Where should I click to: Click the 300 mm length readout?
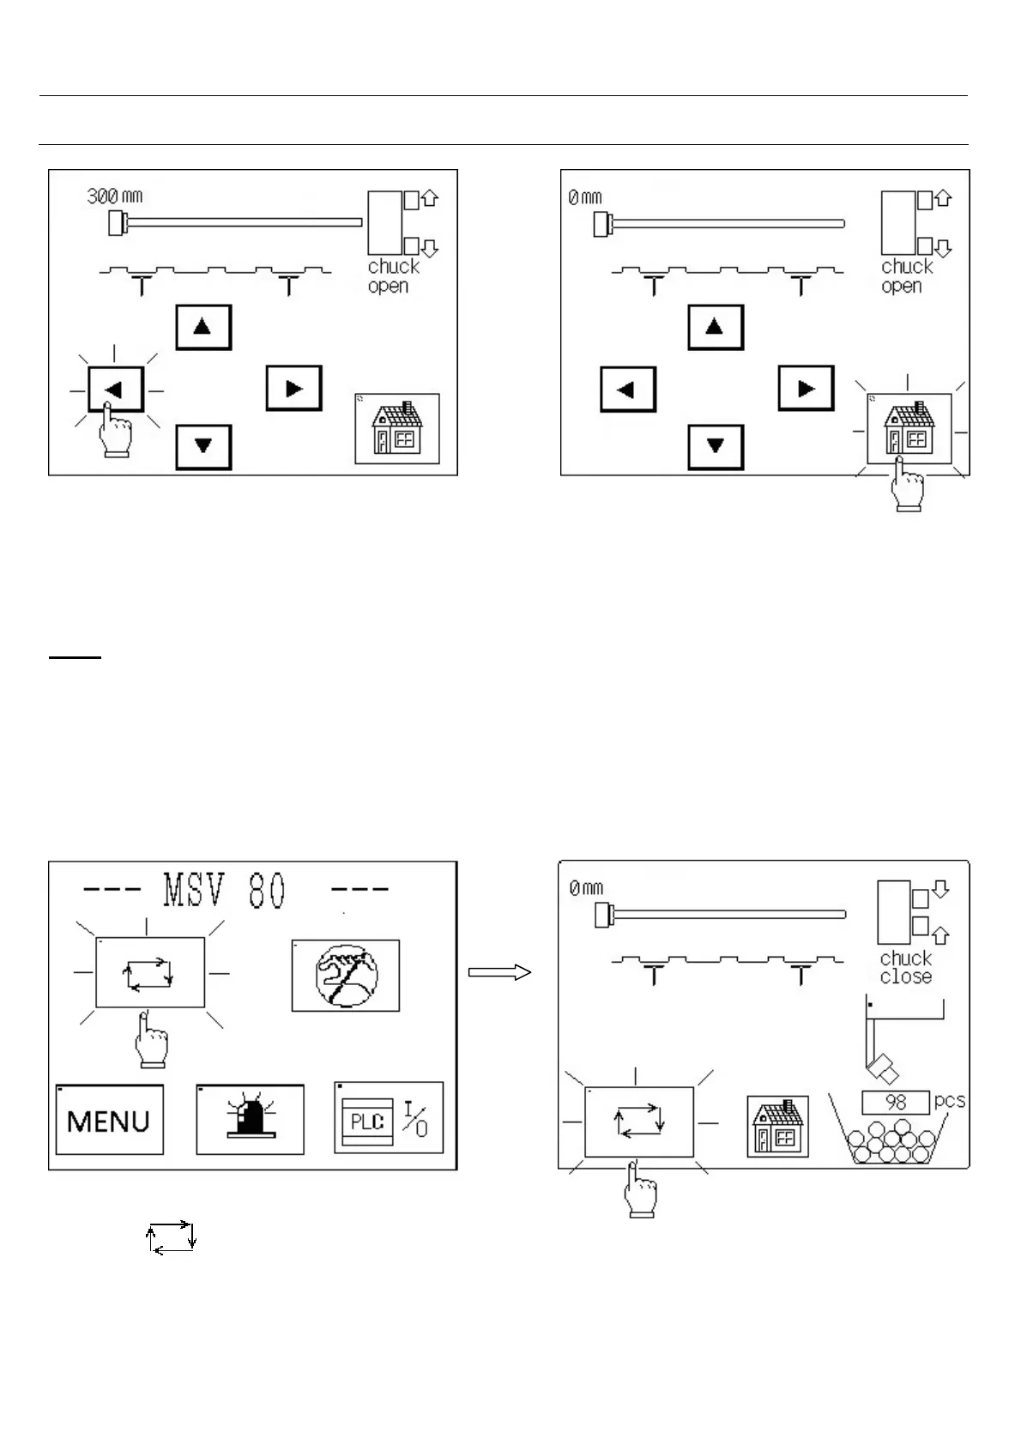[115, 196]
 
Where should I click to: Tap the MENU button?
[109, 1120]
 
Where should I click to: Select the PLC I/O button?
[389, 1119]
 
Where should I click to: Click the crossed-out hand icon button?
[345, 976]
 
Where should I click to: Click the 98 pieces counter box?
[895, 1102]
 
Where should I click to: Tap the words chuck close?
[906, 967]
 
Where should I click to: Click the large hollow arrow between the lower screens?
[500, 972]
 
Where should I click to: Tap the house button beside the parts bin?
[777, 1127]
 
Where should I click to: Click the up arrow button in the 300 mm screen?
[203, 327]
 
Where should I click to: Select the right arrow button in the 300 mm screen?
[293, 389]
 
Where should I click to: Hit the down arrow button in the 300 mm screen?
[203, 446]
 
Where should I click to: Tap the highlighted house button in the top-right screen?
[909, 428]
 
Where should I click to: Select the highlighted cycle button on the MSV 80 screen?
[150, 972]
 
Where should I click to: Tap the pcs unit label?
[950, 1100]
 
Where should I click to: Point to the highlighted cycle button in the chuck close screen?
[638, 1122]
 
